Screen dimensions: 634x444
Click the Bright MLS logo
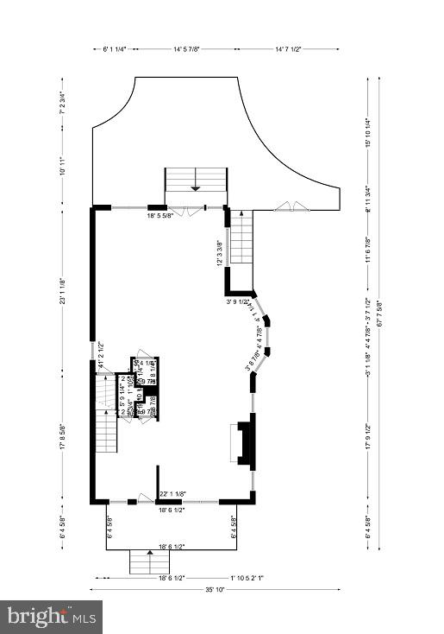point(51,617)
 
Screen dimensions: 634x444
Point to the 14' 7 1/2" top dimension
point(296,49)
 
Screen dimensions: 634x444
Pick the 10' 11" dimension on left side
point(62,171)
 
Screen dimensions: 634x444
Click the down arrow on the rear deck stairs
point(196,187)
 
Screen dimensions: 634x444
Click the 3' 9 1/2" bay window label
point(238,301)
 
